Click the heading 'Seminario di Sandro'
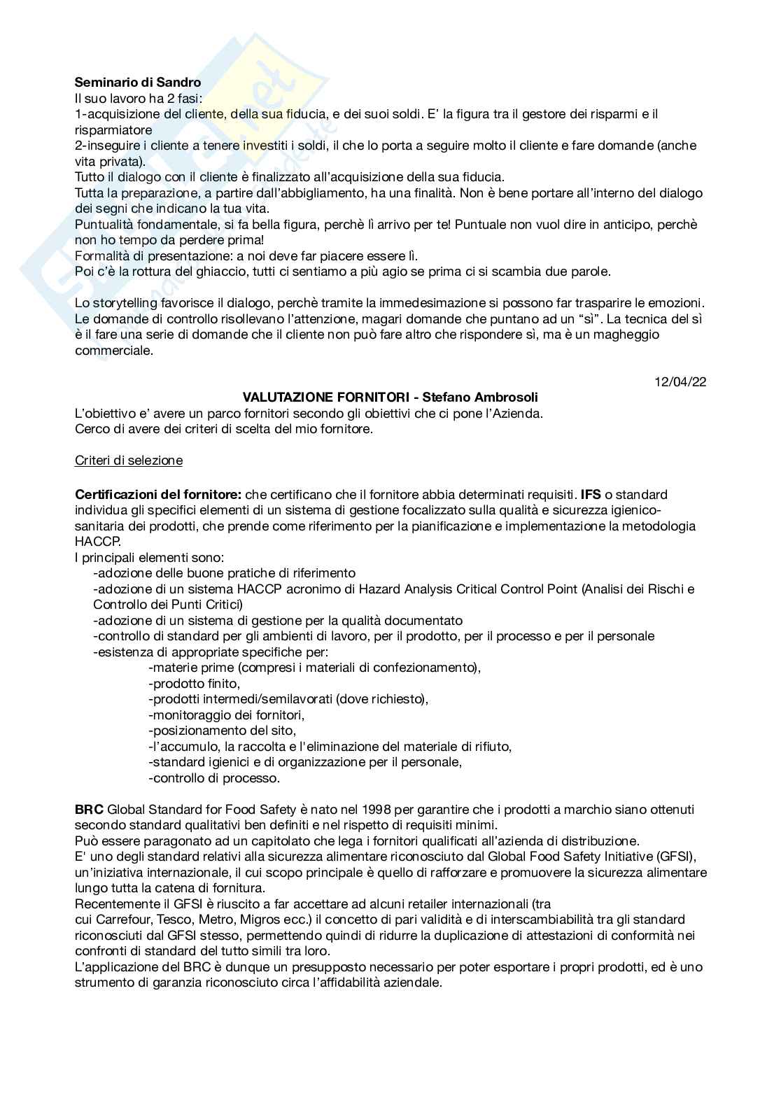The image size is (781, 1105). click(x=137, y=83)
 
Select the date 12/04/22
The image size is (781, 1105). click(x=680, y=382)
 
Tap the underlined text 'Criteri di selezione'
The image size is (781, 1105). click(x=129, y=460)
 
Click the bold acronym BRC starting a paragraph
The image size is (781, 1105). click(x=89, y=810)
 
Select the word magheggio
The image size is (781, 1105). click(x=624, y=335)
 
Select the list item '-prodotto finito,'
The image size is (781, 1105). click(x=194, y=683)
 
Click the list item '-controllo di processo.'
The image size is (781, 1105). click(x=213, y=777)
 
